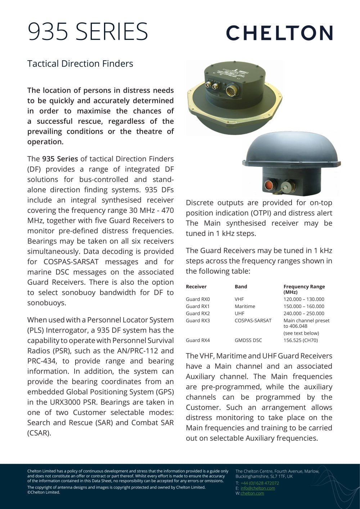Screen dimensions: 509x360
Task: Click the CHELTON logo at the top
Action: click(279, 33)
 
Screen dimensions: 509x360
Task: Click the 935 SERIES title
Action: click(88, 32)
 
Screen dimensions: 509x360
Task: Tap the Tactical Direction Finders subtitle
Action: click(80, 64)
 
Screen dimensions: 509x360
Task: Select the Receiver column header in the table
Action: click(196, 287)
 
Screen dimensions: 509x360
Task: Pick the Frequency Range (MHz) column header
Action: click(304, 289)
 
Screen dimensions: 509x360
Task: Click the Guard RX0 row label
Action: click(198, 299)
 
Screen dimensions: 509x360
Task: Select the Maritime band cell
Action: click(245, 307)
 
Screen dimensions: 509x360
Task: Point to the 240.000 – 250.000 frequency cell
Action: click(304, 313)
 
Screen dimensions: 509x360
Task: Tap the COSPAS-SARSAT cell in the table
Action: click(253, 321)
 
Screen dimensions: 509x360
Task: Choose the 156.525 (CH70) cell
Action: click(301, 340)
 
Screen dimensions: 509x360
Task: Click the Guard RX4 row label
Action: click(198, 340)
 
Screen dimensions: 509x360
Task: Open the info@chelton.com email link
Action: click(258, 488)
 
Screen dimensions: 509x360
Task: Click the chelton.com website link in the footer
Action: click(252, 494)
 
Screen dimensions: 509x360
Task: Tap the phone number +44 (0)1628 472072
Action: click(260, 483)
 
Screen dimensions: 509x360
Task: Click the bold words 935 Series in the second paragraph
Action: click(60, 159)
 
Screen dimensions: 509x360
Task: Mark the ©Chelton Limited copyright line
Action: click(44, 492)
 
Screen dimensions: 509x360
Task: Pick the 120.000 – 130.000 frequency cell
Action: click(304, 299)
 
